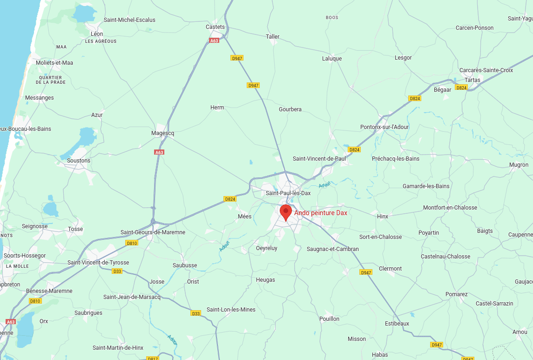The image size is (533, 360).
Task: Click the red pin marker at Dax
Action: (286, 212)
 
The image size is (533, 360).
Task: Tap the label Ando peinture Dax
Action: (321, 213)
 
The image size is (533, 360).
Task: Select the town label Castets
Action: (215, 27)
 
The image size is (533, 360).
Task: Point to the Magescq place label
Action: (163, 133)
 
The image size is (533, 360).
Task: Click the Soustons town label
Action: (79, 161)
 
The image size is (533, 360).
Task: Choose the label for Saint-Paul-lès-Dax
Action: (288, 193)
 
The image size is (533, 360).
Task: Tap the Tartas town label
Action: (472, 80)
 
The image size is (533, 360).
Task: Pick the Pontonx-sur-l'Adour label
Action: (385, 127)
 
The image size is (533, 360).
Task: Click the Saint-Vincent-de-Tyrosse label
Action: (98, 263)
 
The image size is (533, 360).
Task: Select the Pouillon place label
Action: (330, 319)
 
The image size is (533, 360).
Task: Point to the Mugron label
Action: (519, 165)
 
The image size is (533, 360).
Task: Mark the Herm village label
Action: (217, 108)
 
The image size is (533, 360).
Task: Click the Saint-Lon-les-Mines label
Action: (231, 310)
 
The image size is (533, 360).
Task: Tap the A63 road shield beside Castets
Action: (214, 41)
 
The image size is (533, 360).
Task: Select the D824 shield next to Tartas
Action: (461, 88)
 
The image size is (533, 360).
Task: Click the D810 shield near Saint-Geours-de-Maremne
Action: (132, 243)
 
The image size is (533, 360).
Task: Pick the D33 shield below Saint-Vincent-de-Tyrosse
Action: (117, 271)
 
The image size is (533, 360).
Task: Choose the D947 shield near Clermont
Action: (366, 272)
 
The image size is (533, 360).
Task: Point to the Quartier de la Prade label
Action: (51, 80)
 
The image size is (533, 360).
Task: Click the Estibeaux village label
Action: (397, 324)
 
